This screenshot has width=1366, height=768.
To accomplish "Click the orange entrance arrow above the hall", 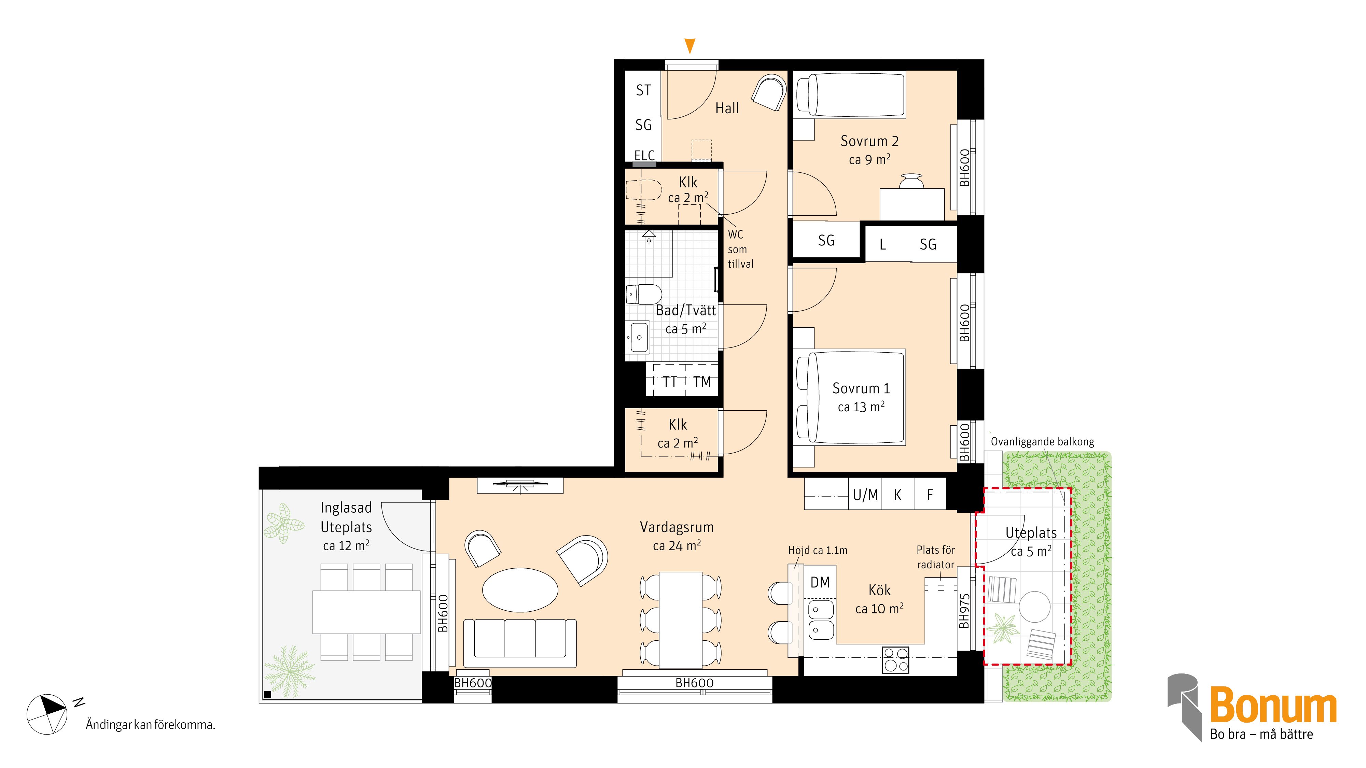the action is [x=689, y=46].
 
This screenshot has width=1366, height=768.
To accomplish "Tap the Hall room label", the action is [x=727, y=108].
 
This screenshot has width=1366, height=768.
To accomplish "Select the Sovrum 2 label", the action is [x=870, y=141].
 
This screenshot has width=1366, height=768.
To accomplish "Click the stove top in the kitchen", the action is [x=896, y=660].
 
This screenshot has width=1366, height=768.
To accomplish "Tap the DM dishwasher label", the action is [x=820, y=583].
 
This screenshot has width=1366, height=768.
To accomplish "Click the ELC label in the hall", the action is [x=645, y=155].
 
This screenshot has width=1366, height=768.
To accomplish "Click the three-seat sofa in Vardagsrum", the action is [x=520, y=643].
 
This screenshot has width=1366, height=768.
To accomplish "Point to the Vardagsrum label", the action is [x=677, y=527].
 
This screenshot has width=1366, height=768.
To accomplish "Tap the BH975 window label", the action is [x=965, y=611].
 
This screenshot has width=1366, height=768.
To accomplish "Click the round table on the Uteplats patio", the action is [x=1035, y=607].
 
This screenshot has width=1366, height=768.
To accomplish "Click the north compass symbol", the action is [x=47, y=714].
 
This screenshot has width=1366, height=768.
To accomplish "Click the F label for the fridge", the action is [x=930, y=495].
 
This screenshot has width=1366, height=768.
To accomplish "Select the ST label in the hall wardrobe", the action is [x=643, y=91].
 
